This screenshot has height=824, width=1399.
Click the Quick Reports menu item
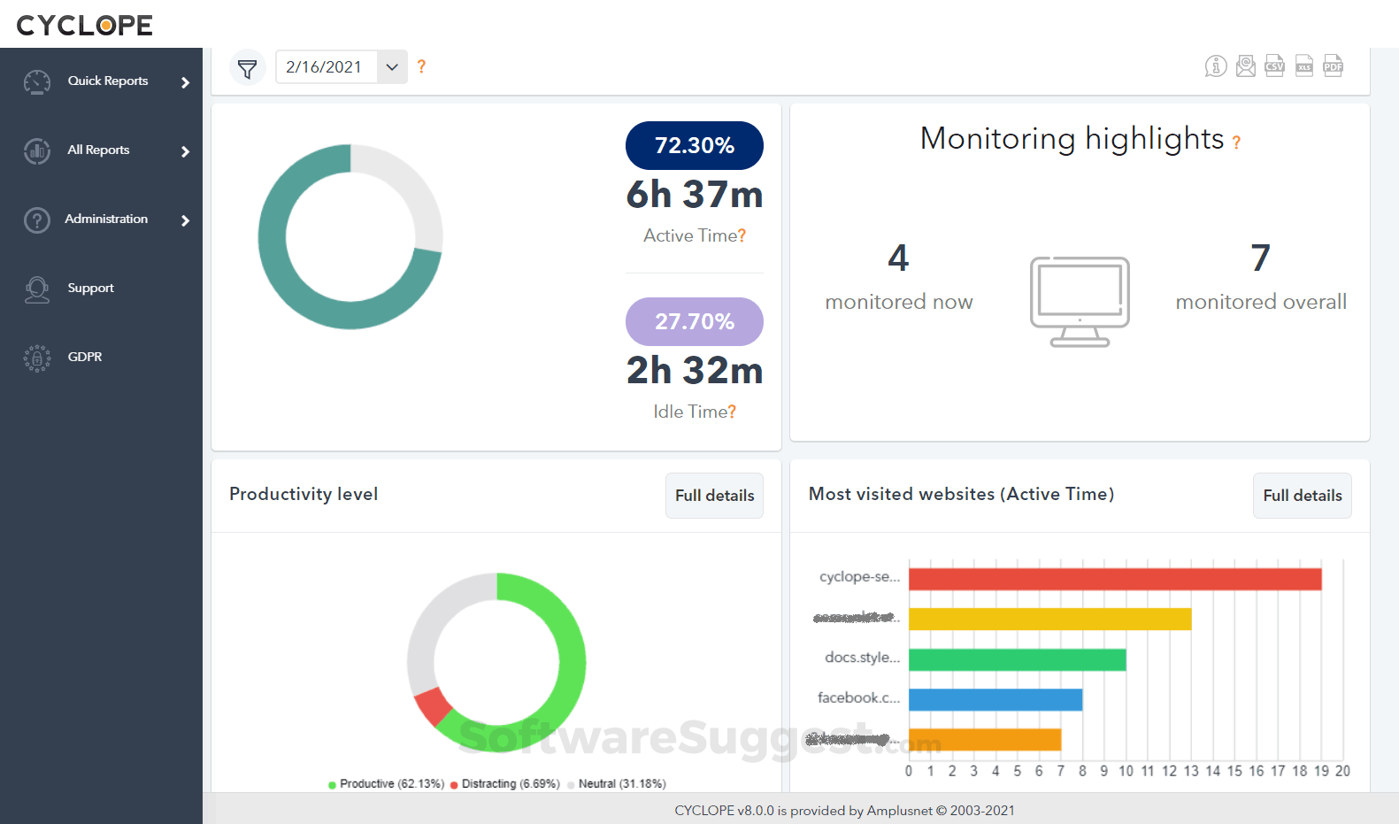click(x=107, y=81)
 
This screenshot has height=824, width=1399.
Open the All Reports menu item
click(x=98, y=150)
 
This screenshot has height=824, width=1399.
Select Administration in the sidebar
click(x=105, y=219)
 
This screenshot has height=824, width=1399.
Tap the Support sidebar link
click(x=90, y=289)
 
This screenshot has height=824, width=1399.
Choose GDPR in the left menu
click(x=84, y=358)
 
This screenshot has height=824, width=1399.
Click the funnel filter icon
click(x=248, y=67)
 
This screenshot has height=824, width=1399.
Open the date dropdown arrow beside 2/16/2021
click(x=392, y=67)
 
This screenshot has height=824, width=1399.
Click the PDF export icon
click(x=1333, y=65)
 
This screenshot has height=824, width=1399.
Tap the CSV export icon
click(x=1274, y=65)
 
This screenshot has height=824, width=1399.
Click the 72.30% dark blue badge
click(x=694, y=145)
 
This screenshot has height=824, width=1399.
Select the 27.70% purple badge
click(x=694, y=321)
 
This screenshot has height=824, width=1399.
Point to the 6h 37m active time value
click(x=694, y=195)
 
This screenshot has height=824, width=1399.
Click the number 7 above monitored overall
click(x=1260, y=258)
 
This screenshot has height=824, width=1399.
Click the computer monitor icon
click(x=1080, y=301)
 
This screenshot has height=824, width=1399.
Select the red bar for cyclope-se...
click(x=1114, y=579)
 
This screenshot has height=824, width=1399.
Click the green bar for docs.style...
click(x=1017, y=660)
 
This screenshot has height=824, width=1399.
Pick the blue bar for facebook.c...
click(x=995, y=700)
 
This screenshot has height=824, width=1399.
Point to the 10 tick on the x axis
click(x=1126, y=771)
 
